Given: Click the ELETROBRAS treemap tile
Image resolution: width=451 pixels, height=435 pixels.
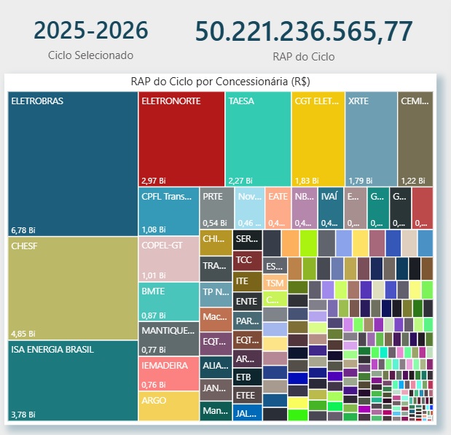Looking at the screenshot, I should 73,164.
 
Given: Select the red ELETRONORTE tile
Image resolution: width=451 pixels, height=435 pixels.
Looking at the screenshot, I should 181,138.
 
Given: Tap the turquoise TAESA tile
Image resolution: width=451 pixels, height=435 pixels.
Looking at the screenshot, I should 258,138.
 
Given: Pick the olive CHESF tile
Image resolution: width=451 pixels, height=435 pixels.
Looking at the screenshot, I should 73,289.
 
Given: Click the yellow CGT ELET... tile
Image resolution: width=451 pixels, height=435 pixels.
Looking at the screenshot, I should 317,138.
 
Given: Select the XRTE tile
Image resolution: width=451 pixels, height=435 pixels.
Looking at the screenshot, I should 370,138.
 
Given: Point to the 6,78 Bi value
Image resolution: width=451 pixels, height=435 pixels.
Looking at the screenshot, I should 23,230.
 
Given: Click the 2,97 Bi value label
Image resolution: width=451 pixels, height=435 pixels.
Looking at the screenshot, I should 154,180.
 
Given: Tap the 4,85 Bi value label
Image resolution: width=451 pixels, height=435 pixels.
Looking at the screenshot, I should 23,334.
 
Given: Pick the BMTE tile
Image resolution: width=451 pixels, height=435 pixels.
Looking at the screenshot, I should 168,302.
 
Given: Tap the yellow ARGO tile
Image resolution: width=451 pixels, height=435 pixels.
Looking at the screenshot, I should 168,406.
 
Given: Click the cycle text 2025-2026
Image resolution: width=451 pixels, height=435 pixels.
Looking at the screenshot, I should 91,31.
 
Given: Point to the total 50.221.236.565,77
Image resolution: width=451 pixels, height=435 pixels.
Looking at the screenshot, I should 304,31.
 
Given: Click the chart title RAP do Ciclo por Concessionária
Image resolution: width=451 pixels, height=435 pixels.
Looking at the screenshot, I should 221,82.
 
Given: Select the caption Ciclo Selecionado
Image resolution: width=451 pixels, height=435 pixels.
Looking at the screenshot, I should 91,55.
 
